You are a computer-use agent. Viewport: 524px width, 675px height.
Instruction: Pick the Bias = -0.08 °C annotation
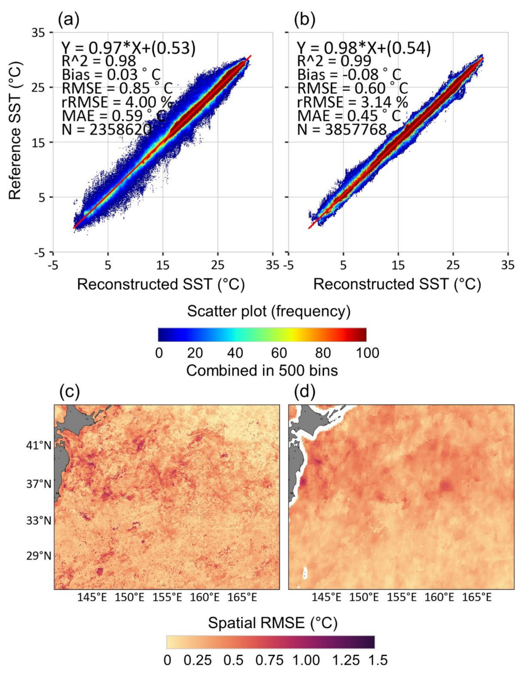click(x=349, y=75)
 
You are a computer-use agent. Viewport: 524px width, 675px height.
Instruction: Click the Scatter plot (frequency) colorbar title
click(x=269, y=312)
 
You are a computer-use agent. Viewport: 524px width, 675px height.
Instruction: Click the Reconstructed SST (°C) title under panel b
click(x=397, y=284)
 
